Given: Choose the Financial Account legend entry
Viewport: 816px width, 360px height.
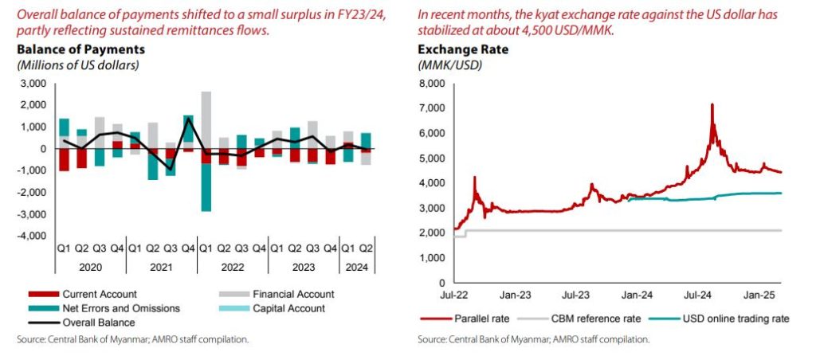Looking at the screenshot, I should click(278, 294).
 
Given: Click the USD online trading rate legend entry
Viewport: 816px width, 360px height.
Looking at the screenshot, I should click(733, 319).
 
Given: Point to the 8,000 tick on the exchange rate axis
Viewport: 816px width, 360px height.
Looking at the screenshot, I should click(431, 83).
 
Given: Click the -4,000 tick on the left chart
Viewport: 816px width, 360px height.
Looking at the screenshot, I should click(32, 237).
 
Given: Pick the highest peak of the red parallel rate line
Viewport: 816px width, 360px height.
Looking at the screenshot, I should click(711, 104).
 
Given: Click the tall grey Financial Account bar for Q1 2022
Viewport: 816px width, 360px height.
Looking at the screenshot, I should click(206, 119).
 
